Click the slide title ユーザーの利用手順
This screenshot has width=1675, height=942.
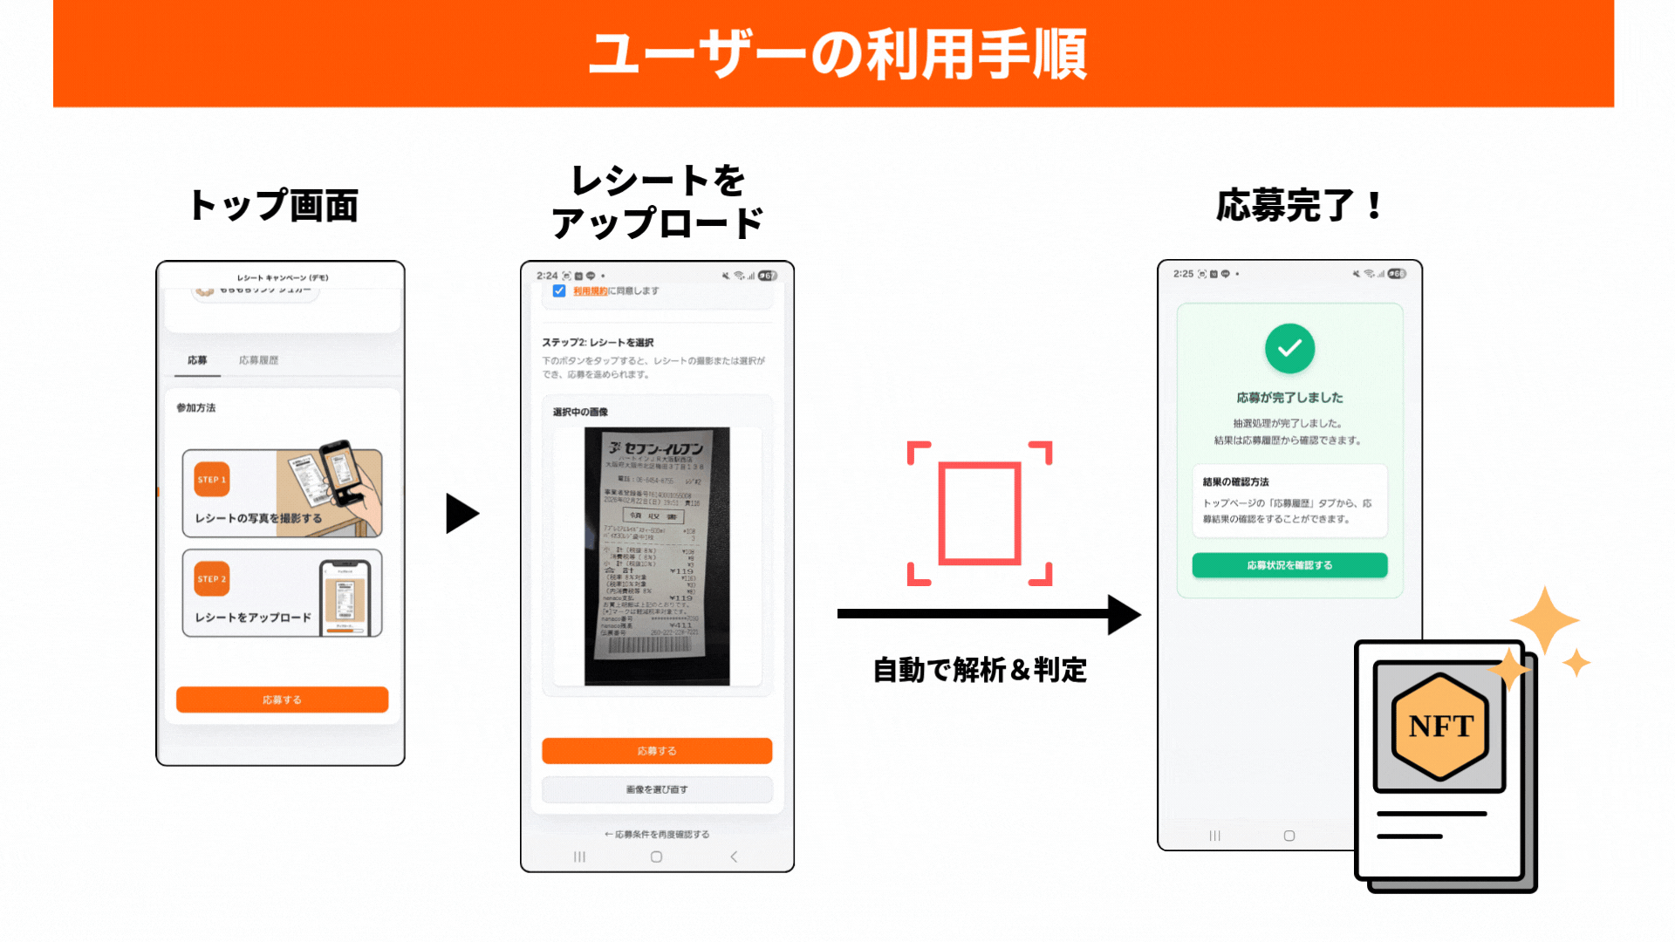click(x=837, y=54)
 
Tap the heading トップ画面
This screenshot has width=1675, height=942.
click(x=273, y=206)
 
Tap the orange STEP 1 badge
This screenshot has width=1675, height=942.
click(x=212, y=479)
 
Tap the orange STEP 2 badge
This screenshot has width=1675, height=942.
click(x=212, y=578)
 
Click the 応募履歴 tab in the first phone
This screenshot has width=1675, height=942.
click(x=258, y=360)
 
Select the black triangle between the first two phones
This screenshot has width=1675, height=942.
click(x=461, y=513)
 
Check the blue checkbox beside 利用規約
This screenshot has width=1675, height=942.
click(x=559, y=291)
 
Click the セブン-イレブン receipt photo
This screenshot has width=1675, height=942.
click(x=657, y=556)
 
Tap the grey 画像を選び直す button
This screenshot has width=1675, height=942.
click(x=657, y=789)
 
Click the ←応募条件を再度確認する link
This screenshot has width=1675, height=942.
click(x=657, y=835)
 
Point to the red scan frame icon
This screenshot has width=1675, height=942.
click(x=980, y=513)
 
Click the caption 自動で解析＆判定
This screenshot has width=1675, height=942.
click(x=980, y=670)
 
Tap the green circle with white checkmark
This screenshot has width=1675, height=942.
click(x=1289, y=349)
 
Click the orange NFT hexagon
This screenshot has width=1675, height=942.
click(x=1440, y=726)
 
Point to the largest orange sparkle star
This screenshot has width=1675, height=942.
click(x=1544, y=620)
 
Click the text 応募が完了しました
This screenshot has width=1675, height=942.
click(x=1289, y=398)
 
